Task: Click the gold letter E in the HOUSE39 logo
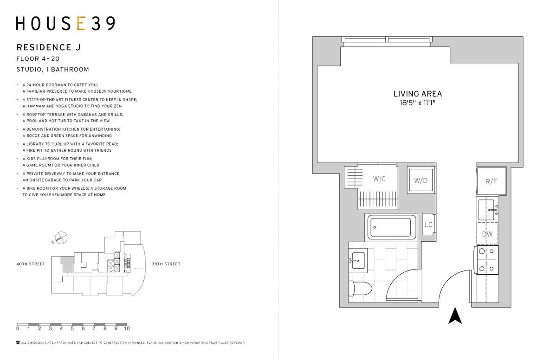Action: tap(81, 24)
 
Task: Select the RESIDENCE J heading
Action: tap(48, 47)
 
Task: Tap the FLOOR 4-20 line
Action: tap(38, 59)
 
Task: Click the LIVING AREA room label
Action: tap(417, 94)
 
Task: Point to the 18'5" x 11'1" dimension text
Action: tap(417, 103)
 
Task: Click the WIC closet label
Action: tap(379, 179)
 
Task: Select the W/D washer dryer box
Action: tap(421, 180)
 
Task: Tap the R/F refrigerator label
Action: tap(491, 181)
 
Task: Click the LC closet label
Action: tap(428, 225)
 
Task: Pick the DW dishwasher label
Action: tap(487, 234)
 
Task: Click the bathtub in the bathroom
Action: tap(390, 227)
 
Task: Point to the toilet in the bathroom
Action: tap(360, 289)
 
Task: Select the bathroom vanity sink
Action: tap(358, 261)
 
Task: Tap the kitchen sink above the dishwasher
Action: tap(488, 210)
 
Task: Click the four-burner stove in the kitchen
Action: tap(486, 260)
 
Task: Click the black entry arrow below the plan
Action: tap(455, 315)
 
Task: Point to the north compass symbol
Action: tap(61, 238)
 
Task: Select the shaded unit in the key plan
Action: tap(67, 264)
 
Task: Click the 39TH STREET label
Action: tap(166, 264)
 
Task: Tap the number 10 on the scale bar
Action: tap(127, 328)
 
